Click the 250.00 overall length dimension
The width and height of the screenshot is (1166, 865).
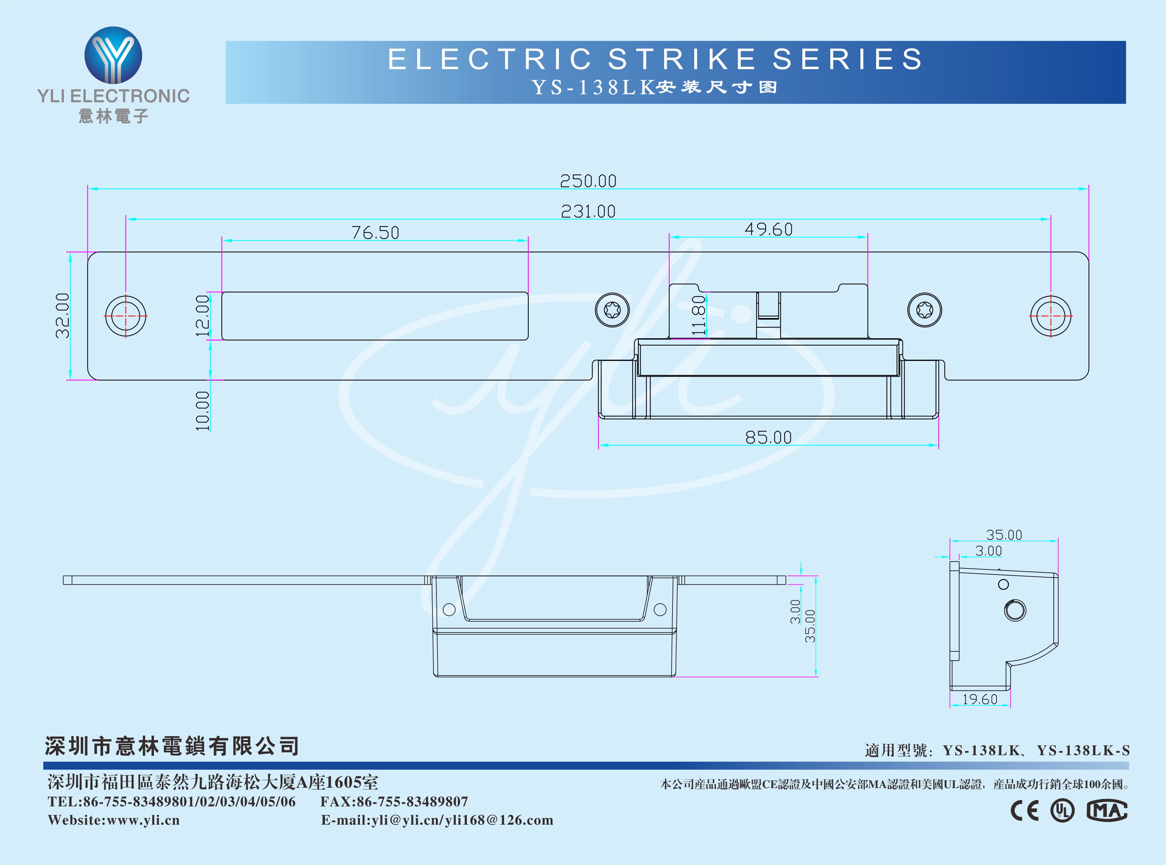pyautogui.click(x=588, y=181)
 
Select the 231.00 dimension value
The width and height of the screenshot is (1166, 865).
pyautogui.click(x=588, y=212)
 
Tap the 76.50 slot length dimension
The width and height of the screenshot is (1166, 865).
pyautogui.click(x=375, y=233)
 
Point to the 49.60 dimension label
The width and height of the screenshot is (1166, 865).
pyautogui.click(x=769, y=229)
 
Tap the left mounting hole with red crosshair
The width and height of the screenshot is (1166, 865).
pyautogui.click(x=126, y=316)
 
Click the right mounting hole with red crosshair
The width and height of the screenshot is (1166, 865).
pyautogui.click(x=1051, y=316)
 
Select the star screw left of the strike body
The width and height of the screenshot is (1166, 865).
pyautogui.click(x=612, y=310)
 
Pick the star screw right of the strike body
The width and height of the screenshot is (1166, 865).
pyautogui.click(x=924, y=310)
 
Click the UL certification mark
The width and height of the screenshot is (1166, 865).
pyautogui.click(x=1062, y=810)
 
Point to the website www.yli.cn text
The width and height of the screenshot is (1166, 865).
pyautogui.click(x=114, y=820)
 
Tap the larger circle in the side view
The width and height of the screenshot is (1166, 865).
pyautogui.click(x=1015, y=610)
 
